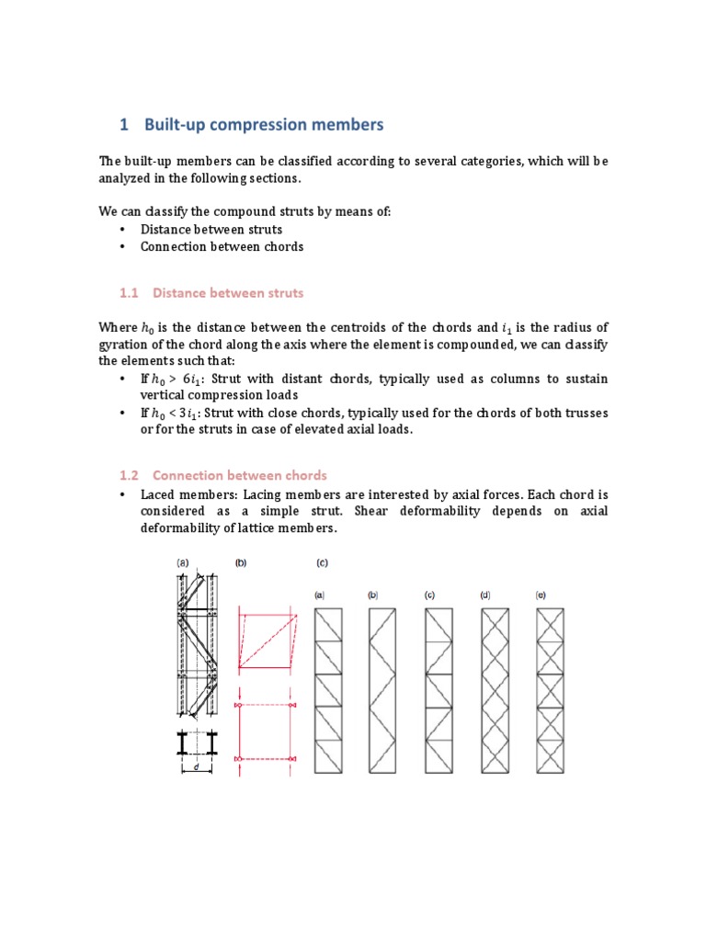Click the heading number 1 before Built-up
[x=125, y=124]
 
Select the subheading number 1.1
[x=128, y=293]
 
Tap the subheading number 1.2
[x=128, y=475]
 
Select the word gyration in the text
[x=124, y=345]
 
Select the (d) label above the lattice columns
[x=485, y=595]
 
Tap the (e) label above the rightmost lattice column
[x=541, y=595]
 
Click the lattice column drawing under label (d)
[x=495, y=689]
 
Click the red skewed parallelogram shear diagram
[x=268, y=637]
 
